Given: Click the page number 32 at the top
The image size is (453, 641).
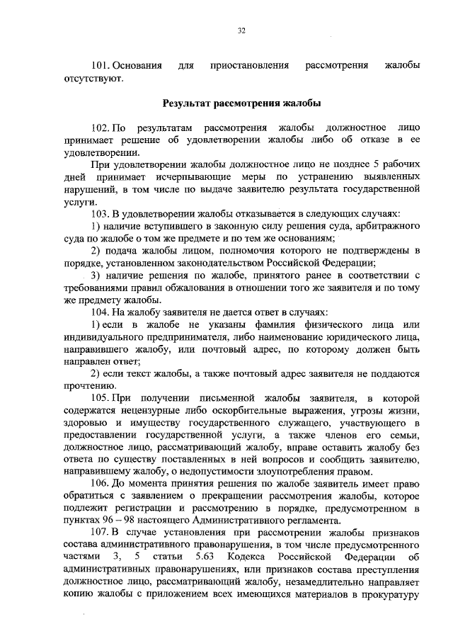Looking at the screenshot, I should coord(241,30).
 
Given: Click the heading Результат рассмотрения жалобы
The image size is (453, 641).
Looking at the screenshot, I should coord(241,103).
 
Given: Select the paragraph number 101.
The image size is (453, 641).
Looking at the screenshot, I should coord(101,66).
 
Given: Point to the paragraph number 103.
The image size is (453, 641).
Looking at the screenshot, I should coord(101,213).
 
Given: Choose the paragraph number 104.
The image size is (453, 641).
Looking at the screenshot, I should coord(101,312).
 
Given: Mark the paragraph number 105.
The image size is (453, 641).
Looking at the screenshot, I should coord(101,397).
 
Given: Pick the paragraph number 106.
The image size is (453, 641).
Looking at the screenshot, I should coord(101,483).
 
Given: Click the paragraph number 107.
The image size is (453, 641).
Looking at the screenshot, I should coord(101,532).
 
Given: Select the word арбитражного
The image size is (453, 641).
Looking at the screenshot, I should coord(388,226).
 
